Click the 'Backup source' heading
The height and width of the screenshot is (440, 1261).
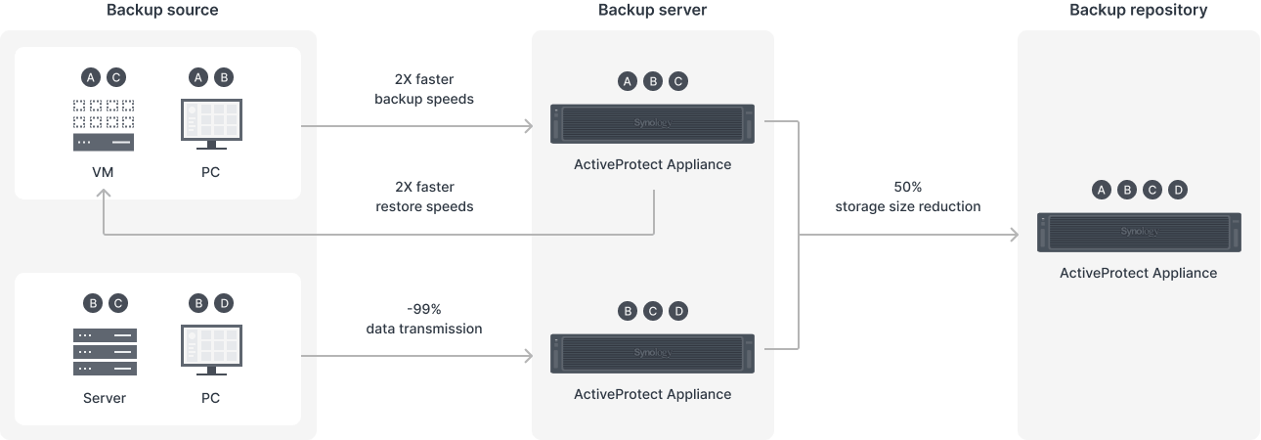162,10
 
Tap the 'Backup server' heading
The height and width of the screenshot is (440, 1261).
652,10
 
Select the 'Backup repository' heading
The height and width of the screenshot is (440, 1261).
1138,10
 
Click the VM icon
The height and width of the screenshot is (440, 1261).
104,125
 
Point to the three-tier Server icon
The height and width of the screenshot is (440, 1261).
105,352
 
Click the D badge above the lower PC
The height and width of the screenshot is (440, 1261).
224,304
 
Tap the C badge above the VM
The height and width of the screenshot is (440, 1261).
116,77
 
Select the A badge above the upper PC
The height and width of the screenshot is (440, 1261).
198,77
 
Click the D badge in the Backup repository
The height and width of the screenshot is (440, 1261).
1178,190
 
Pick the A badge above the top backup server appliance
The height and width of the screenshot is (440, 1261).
628,81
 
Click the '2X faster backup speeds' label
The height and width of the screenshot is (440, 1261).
424,89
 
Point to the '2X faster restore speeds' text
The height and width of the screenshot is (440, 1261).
424,197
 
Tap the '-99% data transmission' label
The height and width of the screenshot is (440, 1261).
424,319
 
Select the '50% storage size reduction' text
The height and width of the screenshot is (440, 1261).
907,197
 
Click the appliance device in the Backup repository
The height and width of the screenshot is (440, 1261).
1139,232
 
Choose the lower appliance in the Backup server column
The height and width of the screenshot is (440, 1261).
652,354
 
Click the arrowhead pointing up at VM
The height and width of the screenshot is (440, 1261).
104,194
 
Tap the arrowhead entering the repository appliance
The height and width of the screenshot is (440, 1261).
1015,235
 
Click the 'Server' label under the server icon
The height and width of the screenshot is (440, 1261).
105,398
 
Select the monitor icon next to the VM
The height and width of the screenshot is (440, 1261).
212,124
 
